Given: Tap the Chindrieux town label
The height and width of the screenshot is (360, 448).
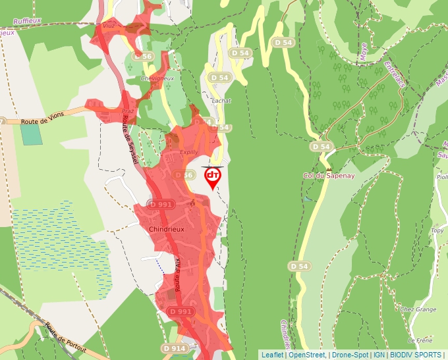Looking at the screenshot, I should pyautogui.click(x=162, y=228).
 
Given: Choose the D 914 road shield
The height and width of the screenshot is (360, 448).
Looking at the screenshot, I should pyautogui.click(x=175, y=347).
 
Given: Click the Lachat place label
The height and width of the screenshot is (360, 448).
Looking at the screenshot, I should pyautogui.click(x=222, y=101).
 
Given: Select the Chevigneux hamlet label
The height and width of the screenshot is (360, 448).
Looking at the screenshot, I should pyautogui.click(x=157, y=78).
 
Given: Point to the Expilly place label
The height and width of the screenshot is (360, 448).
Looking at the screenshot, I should pyautogui.click(x=189, y=152).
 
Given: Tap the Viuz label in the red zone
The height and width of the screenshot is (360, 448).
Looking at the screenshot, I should pyautogui.click(x=109, y=26).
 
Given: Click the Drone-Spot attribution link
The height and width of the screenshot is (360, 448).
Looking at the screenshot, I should pyautogui.click(x=350, y=355).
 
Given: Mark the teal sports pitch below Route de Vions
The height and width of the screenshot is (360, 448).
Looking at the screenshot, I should pyautogui.click(x=31, y=134).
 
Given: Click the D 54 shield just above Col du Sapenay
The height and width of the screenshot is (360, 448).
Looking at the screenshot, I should pyautogui.click(x=321, y=146).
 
